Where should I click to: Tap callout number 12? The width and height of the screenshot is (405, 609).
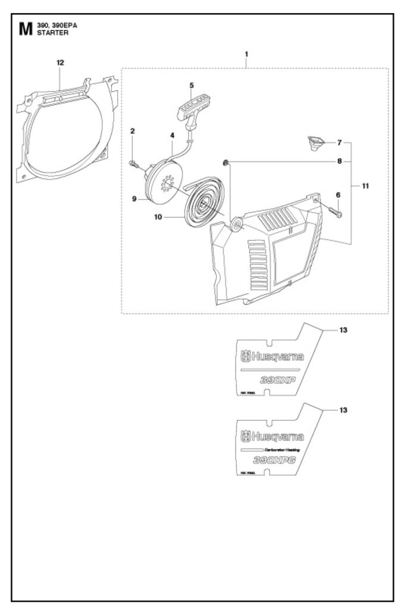click(60, 62)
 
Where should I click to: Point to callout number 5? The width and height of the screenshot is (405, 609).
click(191, 85)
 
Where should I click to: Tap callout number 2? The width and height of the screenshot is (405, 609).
click(133, 130)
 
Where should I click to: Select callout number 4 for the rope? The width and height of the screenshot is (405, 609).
click(172, 136)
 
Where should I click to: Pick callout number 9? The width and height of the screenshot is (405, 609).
click(135, 199)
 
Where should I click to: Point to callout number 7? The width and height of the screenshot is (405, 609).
click(339, 143)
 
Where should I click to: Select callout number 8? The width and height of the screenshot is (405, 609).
click(339, 161)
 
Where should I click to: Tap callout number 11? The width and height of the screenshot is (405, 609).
click(366, 186)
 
